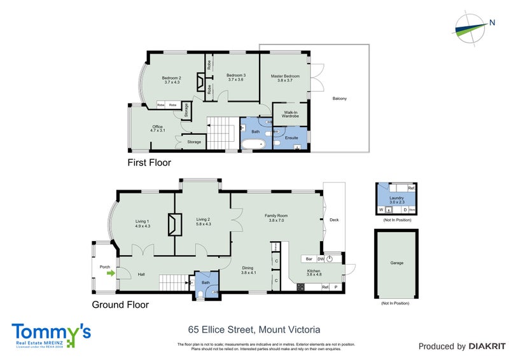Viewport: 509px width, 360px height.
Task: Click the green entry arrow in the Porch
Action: click(111, 274)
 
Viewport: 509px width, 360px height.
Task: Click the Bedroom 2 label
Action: click(172, 79)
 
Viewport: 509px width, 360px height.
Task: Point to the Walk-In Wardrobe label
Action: click(291, 115)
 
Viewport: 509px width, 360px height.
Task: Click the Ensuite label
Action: click(291, 137)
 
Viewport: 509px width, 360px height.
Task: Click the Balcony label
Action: click(340, 99)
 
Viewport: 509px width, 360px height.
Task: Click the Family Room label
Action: click(277, 218)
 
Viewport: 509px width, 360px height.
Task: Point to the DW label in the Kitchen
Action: click(321, 259)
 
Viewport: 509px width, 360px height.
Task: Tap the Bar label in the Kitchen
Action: click(309, 259)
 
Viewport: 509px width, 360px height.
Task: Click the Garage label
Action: click(396, 263)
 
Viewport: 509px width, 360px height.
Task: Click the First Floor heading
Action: click(150, 163)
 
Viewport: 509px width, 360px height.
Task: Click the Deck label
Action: click(334, 220)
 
